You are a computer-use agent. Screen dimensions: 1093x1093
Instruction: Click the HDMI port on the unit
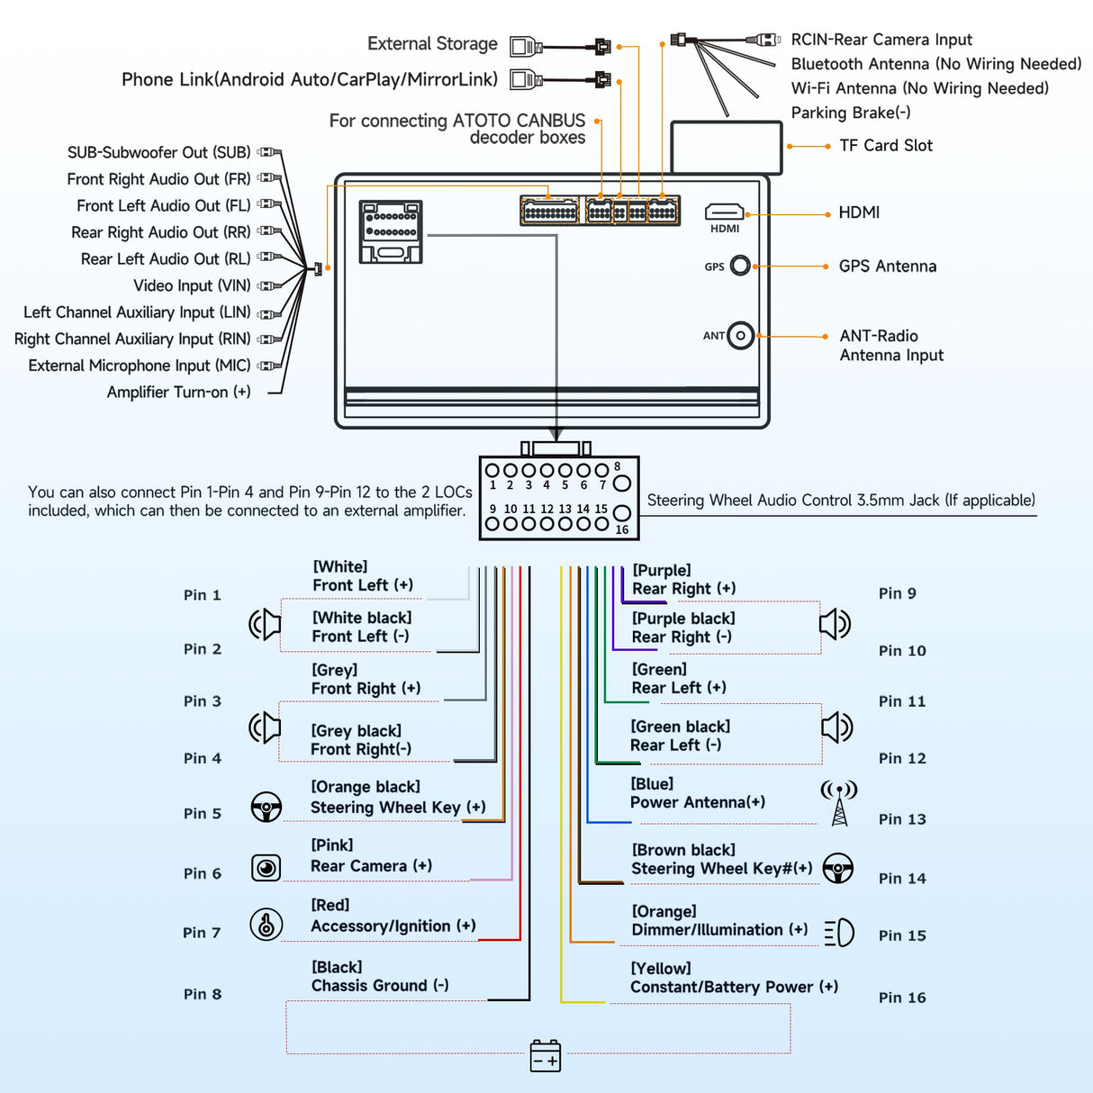724,212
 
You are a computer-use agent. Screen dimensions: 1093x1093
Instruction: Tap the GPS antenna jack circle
740,266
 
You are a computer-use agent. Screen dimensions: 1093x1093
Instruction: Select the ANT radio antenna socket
740,336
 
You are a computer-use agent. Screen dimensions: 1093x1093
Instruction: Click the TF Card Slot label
885,146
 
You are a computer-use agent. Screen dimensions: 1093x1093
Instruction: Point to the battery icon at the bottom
546,1055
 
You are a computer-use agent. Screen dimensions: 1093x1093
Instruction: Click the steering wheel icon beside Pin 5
266,807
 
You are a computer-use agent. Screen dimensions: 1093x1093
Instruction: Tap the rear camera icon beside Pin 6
266,867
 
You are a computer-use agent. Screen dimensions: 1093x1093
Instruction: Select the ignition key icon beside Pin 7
266,924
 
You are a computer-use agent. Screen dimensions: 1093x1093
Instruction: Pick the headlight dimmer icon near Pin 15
839,932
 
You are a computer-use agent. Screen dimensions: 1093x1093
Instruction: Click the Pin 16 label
902,998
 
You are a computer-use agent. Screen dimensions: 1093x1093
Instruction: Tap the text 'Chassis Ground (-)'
380,986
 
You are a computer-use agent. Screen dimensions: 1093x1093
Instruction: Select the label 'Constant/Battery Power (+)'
734,988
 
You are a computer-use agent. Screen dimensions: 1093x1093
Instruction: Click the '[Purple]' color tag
662,571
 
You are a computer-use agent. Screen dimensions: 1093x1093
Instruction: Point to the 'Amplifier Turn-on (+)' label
178,393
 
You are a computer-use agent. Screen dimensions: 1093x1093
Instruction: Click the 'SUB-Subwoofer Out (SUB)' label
158,153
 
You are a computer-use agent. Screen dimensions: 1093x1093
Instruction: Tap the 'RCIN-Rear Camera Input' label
881,41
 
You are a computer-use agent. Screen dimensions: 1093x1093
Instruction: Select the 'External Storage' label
432,44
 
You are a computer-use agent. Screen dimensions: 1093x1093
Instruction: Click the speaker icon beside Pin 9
835,623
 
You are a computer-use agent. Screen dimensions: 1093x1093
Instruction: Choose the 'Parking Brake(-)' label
851,113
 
